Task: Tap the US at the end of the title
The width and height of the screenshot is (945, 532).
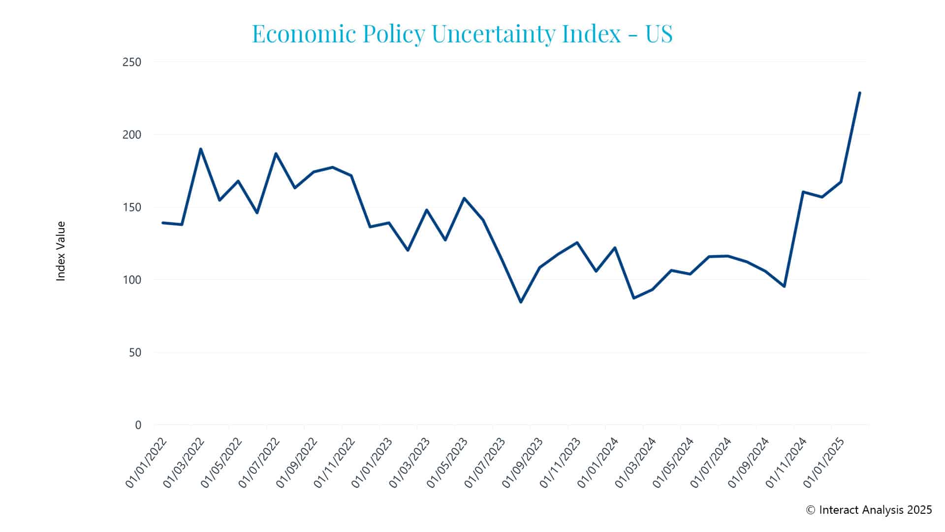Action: (x=659, y=33)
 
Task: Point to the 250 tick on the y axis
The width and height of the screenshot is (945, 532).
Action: (x=132, y=62)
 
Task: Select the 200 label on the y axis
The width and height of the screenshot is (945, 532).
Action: (x=132, y=134)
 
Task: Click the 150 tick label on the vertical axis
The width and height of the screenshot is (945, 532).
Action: (x=132, y=207)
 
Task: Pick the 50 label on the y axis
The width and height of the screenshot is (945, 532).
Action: (x=135, y=353)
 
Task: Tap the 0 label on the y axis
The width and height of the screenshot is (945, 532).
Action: (x=138, y=425)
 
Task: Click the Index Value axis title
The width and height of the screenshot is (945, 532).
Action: (x=61, y=251)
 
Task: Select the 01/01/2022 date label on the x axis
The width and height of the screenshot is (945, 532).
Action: (x=147, y=462)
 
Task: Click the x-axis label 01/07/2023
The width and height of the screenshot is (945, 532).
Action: (x=485, y=462)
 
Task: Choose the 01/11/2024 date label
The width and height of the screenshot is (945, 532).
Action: (x=787, y=462)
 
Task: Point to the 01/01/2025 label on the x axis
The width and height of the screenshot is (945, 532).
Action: (x=824, y=462)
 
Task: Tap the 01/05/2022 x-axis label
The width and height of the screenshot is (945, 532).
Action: (x=222, y=462)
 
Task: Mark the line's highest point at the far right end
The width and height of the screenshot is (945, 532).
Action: (x=859, y=93)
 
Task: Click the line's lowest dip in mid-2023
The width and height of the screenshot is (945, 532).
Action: (x=521, y=302)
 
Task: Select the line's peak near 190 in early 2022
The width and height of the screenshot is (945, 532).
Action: (x=201, y=149)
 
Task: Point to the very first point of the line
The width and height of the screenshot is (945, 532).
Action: (x=163, y=223)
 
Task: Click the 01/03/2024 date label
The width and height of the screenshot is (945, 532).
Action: (x=636, y=462)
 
